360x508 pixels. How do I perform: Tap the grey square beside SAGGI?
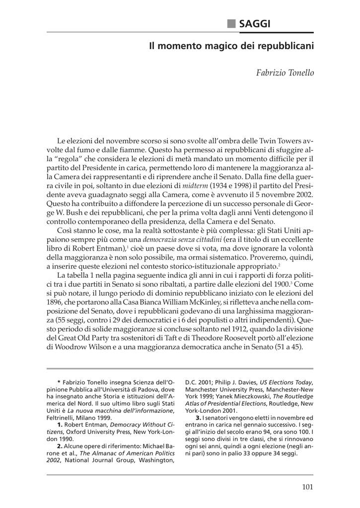point(231,23)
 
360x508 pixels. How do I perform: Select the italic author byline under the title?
point(285,73)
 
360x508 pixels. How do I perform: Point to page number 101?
point(307,487)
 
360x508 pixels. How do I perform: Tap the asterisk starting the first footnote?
point(59,382)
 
